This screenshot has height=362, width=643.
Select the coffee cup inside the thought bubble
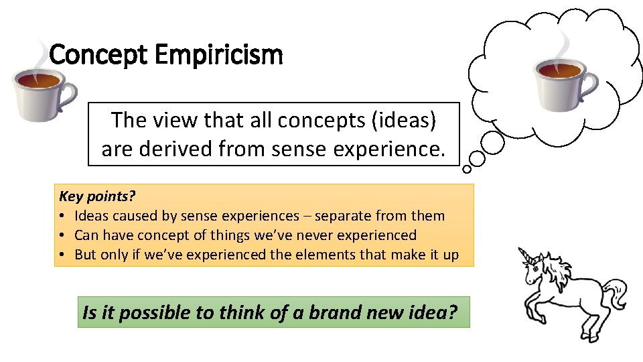tap(561, 78)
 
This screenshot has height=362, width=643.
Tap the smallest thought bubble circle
tap(467, 170)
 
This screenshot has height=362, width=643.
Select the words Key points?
tap(97, 196)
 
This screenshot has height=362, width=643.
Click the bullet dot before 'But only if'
tap(62, 255)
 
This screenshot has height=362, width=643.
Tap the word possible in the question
tap(145, 312)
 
